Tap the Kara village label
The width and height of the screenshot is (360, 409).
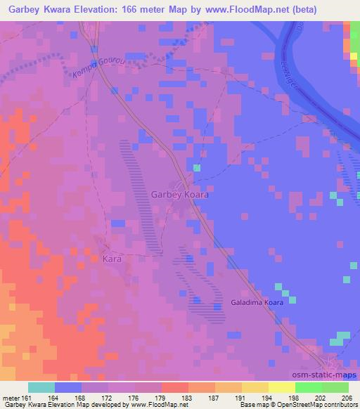point(113,259)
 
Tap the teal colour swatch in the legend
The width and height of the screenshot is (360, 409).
point(41,387)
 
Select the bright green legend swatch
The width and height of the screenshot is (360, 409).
point(308,387)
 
